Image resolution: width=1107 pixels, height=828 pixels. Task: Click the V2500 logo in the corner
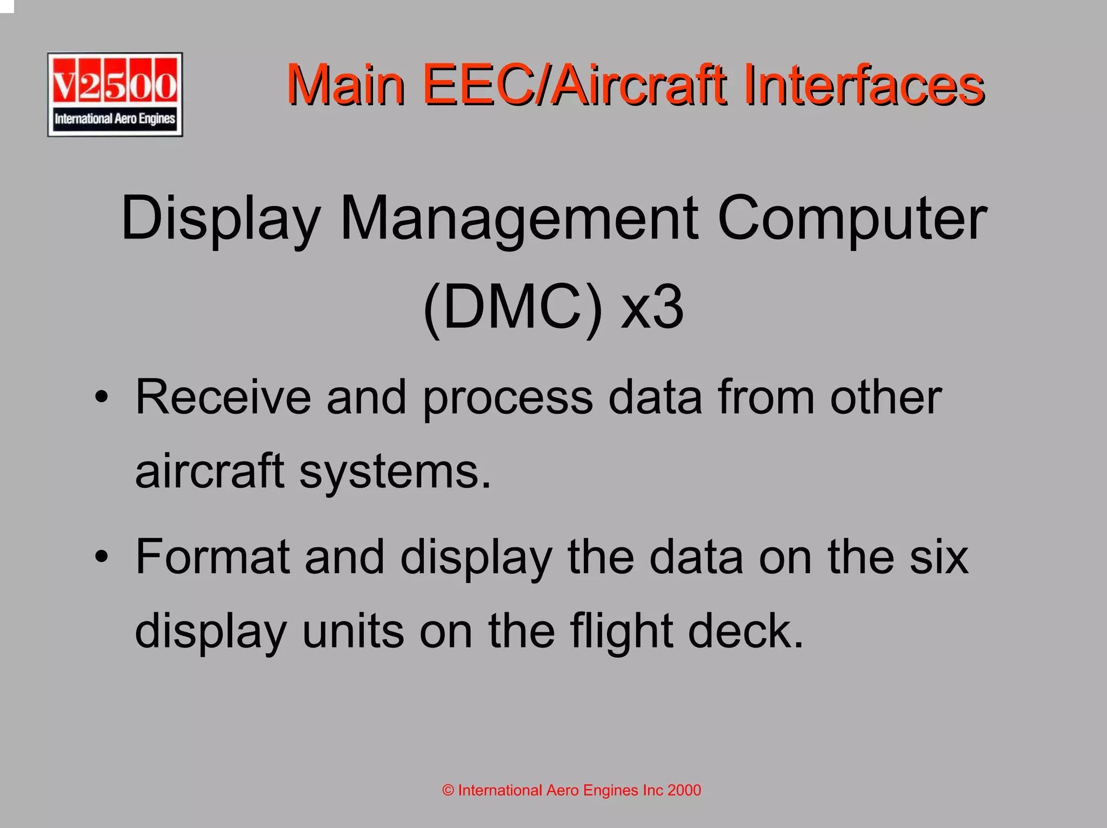(x=115, y=95)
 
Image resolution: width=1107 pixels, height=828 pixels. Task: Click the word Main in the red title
(x=346, y=85)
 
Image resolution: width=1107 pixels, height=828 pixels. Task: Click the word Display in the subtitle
(x=221, y=218)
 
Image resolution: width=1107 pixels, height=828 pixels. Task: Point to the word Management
(x=519, y=218)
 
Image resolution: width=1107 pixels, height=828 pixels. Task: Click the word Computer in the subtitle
(x=852, y=218)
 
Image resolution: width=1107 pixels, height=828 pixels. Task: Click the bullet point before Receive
(x=101, y=399)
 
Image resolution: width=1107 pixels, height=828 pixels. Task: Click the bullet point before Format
(x=101, y=557)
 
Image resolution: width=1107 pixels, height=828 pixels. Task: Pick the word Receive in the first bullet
(x=223, y=398)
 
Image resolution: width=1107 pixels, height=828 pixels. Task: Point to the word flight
(x=621, y=632)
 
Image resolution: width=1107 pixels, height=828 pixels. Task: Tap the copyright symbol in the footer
(x=448, y=791)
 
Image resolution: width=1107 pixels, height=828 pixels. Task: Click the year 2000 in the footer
(x=684, y=791)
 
